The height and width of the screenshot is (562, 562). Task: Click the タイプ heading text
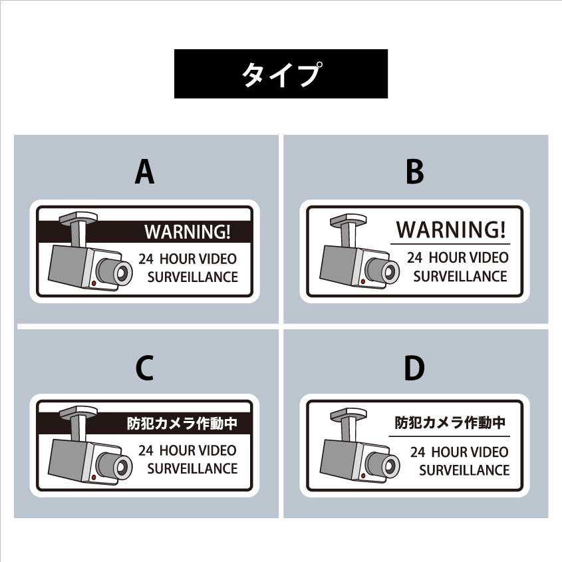(281, 74)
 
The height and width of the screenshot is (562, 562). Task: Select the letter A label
(144, 172)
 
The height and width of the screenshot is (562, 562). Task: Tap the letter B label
(415, 172)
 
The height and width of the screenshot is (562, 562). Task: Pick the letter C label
(144, 368)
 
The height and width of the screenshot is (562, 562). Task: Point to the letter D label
(414, 368)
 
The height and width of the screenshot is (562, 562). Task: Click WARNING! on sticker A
(188, 231)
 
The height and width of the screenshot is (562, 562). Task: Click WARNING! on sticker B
(451, 229)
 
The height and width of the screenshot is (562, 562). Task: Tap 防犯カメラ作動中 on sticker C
(182, 423)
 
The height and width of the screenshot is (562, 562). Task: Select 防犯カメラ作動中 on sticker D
(450, 422)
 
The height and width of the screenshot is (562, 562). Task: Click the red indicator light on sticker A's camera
(94, 283)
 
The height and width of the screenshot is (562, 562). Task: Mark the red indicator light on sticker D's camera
(363, 476)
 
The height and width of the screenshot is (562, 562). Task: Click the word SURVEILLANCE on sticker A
(192, 277)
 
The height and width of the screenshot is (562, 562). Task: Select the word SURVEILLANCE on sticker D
(464, 470)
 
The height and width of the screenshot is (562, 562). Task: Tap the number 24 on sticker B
(414, 257)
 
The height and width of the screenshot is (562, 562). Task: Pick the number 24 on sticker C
(146, 450)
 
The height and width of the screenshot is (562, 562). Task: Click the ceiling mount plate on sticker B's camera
(348, 219)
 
